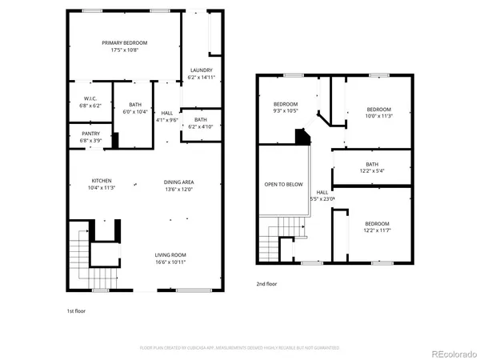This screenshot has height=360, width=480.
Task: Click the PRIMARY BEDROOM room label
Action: tap(124, 42)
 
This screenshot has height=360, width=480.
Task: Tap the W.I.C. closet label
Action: tap(90, 98)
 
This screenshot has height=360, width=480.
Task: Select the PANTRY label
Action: tap(90, 134)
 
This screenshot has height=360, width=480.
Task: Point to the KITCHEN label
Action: tap(102, 180)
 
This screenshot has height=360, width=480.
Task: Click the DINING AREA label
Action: tap(180, 180)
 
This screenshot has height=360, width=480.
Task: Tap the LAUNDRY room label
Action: tap(200, 70)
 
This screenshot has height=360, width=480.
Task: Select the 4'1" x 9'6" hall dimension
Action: tap(167, 120)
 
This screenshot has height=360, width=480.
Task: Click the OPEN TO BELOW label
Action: tap(284, 184)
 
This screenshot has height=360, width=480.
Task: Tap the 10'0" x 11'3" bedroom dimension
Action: tap(378, 115)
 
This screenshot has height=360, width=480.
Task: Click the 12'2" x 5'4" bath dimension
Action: tap(373, 170)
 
